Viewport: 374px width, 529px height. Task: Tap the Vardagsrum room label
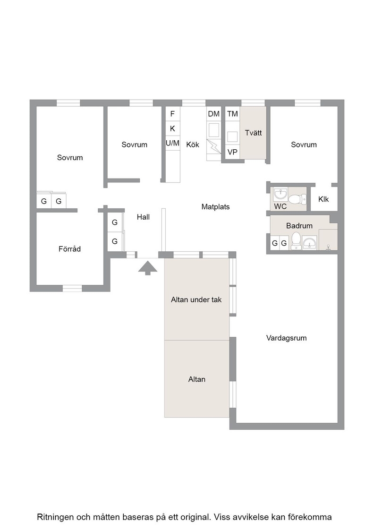286,338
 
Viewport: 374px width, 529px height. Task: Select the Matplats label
215,207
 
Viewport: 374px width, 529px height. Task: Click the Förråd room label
69,249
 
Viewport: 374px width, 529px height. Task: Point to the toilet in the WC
297,199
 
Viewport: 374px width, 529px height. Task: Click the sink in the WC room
280,194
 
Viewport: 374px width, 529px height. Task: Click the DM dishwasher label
213,114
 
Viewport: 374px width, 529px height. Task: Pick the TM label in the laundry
232,114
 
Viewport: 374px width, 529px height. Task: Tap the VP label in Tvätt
232,152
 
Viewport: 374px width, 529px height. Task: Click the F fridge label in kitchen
172,114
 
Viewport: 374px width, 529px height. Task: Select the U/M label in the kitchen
172,144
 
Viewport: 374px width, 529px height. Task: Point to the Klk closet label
323,199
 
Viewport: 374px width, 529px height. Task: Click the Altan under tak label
196,299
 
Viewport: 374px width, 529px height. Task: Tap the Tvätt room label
253,133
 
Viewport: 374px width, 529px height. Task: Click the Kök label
193,145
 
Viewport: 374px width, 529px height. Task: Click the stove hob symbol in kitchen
213,130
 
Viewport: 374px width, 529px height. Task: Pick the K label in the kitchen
172,128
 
